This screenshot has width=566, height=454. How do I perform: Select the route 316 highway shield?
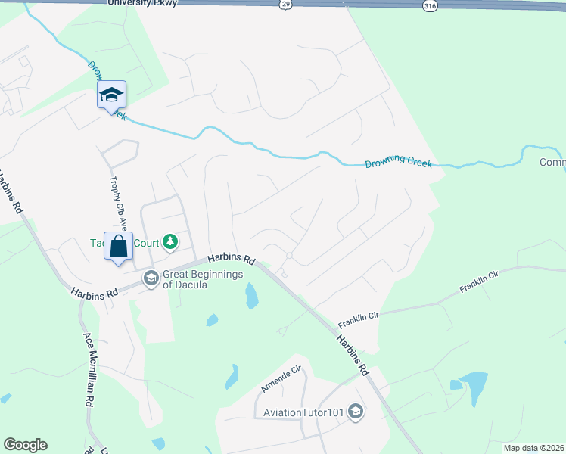[x=429, y=5]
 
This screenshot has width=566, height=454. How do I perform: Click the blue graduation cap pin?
[x=111, y=95]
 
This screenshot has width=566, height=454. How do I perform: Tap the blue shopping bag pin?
[x=118, y=247]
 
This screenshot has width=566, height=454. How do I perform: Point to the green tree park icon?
[x=172, y=242]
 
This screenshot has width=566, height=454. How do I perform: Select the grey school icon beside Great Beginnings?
[x=151, y=279]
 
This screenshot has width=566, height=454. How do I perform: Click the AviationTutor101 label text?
[x=303, y=412]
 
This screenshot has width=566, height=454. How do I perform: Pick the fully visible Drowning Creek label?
[x=398, y=163]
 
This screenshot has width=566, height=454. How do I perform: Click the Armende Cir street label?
[x=281, y=378]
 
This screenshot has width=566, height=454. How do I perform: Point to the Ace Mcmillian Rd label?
[x=89, y=368]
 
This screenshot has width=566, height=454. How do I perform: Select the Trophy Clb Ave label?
[x=117, y=199]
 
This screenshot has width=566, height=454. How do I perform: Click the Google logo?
[x=25, y=445]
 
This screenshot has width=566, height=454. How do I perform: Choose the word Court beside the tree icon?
[x=148, y=243]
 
